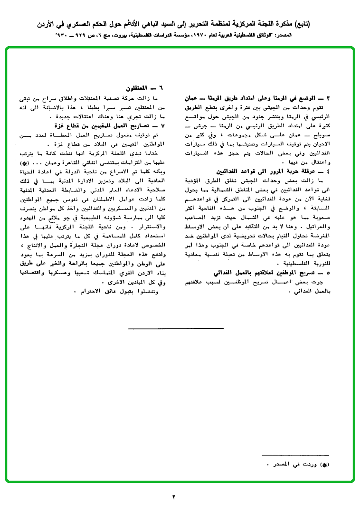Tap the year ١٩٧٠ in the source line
pos(199,36)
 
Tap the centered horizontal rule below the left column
pos(176,328)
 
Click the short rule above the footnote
pos(295,455)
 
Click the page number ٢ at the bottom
pos(174,497)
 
